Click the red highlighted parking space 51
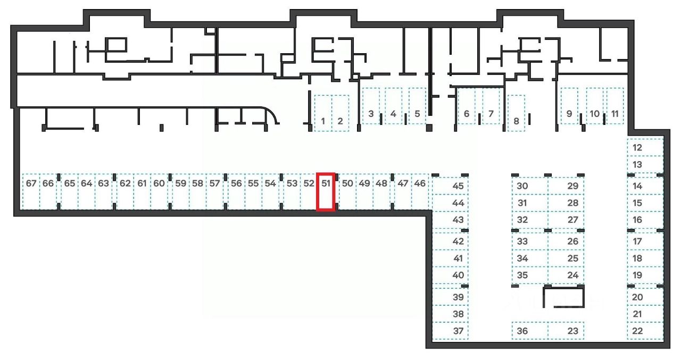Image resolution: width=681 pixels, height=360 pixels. pos(326,191)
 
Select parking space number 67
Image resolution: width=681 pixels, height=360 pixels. pos(31,191)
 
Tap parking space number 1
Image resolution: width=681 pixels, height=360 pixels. pos(323,113)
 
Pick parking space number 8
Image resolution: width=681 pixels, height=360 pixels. pos(516,113)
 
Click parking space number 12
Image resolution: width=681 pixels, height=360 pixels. pos(645,147)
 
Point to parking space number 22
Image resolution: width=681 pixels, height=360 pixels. pos(645,331)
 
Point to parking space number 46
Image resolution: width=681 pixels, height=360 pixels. pos(420,191)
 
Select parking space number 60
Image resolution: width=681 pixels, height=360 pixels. pos(159,191)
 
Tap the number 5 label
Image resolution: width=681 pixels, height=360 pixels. pos(417,113)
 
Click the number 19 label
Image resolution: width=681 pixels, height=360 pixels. pos(637,275)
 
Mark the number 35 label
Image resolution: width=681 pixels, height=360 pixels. pos(522,275)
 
